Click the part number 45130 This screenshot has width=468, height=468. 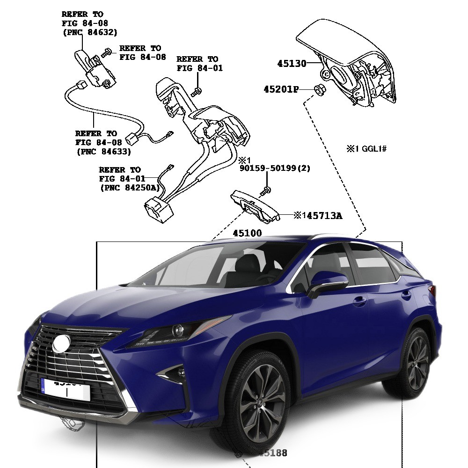click(291, 64)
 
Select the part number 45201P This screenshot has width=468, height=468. click(281, 89)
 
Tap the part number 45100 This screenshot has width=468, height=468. click(248, 233)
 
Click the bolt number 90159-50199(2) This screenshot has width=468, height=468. click(275, 168)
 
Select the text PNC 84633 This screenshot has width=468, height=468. click(103, 152)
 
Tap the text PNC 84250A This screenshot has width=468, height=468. click(130, 188)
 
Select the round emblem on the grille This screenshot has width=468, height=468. click(61, 344)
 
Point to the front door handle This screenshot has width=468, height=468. click(359, 301)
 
